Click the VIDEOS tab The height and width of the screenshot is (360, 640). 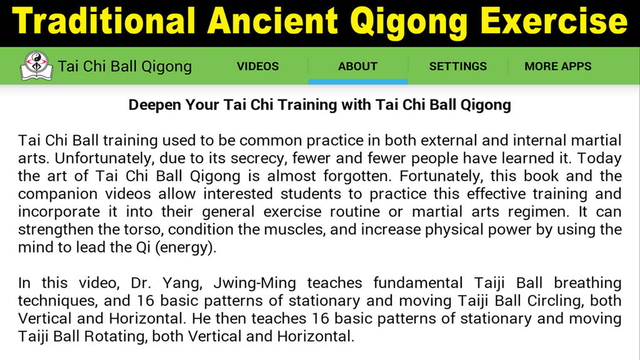[x=257, y=66]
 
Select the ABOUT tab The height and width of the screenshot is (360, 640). [x=357, y=66]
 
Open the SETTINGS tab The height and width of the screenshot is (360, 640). [x=457, y=66]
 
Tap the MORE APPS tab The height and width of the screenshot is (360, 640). [x=557, y=66]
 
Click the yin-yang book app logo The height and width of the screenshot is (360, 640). [x=37, y=66]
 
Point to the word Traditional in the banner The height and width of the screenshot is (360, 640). [x=104, y=21]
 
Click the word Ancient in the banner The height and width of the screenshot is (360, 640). [x=272, y=21]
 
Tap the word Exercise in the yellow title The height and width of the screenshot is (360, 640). [x=554, y=21]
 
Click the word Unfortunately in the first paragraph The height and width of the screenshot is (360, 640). [x=105, y=158]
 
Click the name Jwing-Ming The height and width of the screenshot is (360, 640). [x=255, y=283]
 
